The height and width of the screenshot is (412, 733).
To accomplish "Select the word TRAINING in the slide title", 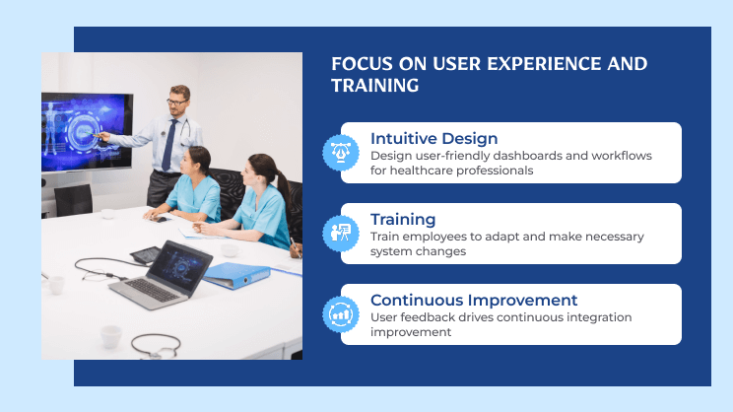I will tap(374, 87).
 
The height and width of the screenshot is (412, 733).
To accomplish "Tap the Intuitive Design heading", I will tap(433, 139).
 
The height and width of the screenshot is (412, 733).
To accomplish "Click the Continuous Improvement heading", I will tap(474, 301).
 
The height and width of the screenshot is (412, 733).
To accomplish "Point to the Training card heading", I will tap(402, 220).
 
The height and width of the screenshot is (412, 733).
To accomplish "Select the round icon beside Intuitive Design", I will tap(338, 153).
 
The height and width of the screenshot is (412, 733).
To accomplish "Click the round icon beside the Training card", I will tap(338, 234).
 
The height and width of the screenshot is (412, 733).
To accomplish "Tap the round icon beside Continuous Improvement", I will tap(338, 314).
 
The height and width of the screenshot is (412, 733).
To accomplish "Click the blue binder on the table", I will tap(237, 273).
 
